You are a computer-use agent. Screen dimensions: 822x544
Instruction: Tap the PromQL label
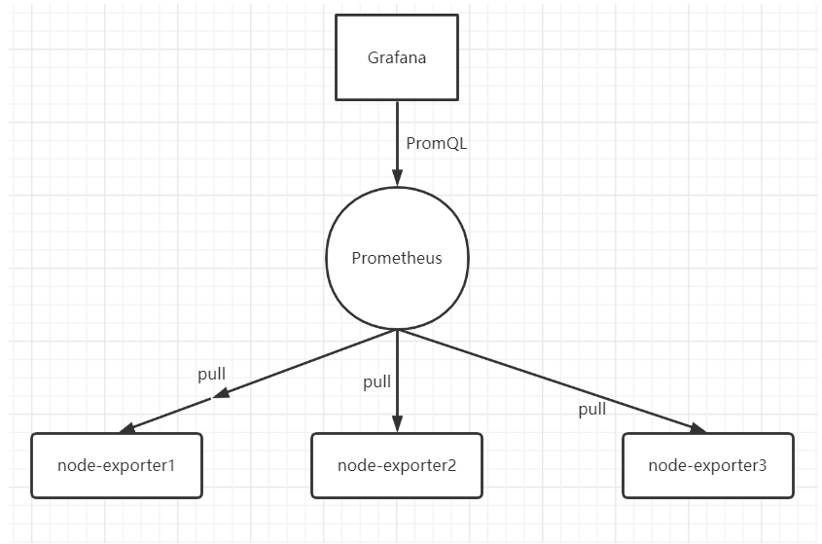(436, 143)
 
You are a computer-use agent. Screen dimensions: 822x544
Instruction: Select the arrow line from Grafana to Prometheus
(397, 143)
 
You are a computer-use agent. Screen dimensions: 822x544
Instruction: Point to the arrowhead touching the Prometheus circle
(397, 178)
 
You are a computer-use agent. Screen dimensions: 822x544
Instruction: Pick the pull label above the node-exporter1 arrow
(212, 375)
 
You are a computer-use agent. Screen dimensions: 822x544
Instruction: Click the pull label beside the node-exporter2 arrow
(376, 381)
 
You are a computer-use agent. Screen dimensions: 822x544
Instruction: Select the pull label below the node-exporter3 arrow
(592, 410)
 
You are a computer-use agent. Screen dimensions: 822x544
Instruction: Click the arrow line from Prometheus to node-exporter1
(258, 381)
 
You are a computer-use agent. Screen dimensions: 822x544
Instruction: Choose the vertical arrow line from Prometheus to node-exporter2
(397, 381)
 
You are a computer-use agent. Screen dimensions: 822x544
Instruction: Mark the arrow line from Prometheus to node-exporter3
(552, 381)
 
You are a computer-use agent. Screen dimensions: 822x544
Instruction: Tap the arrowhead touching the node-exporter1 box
(127, 428)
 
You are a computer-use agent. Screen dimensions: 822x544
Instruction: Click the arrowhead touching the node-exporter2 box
(397, 424)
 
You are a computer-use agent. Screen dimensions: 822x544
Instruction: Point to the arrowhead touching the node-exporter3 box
(698, 428)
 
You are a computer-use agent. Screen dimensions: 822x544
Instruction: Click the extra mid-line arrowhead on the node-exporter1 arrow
(221, 393)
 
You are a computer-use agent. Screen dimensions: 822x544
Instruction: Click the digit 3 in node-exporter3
(763, 465)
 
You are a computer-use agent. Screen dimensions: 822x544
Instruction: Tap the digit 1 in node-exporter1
(171, 465)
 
